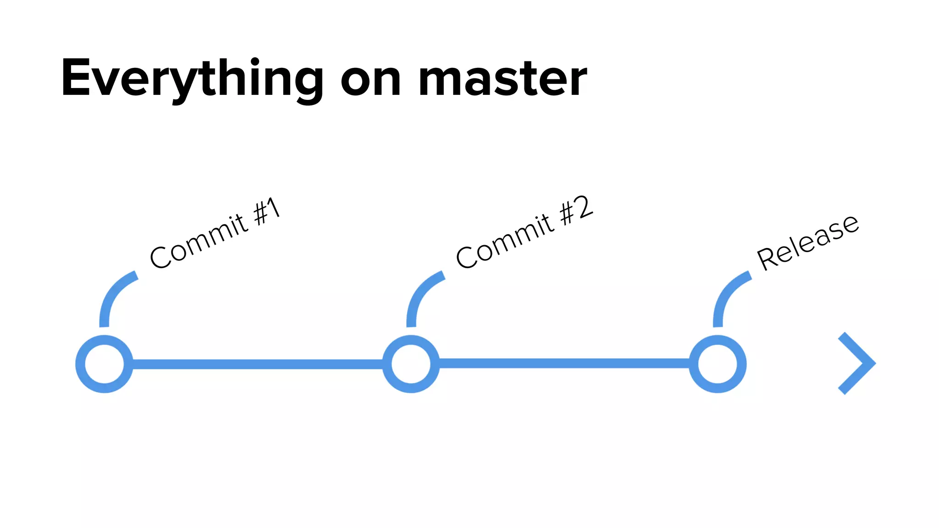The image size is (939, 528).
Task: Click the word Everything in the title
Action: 192,78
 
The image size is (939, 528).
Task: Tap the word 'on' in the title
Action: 371,79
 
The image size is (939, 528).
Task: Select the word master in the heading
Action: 503,79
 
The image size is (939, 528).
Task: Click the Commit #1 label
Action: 215,233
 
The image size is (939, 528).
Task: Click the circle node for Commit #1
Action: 104,364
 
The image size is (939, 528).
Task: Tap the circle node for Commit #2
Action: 411,364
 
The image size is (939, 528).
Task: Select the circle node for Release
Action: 718,364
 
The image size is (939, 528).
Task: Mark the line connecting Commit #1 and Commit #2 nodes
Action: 257,364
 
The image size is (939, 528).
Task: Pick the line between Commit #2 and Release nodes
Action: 564,363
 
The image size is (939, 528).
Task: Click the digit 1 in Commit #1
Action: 273,208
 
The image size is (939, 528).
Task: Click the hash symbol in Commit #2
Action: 567,214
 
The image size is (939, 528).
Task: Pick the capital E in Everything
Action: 76,78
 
